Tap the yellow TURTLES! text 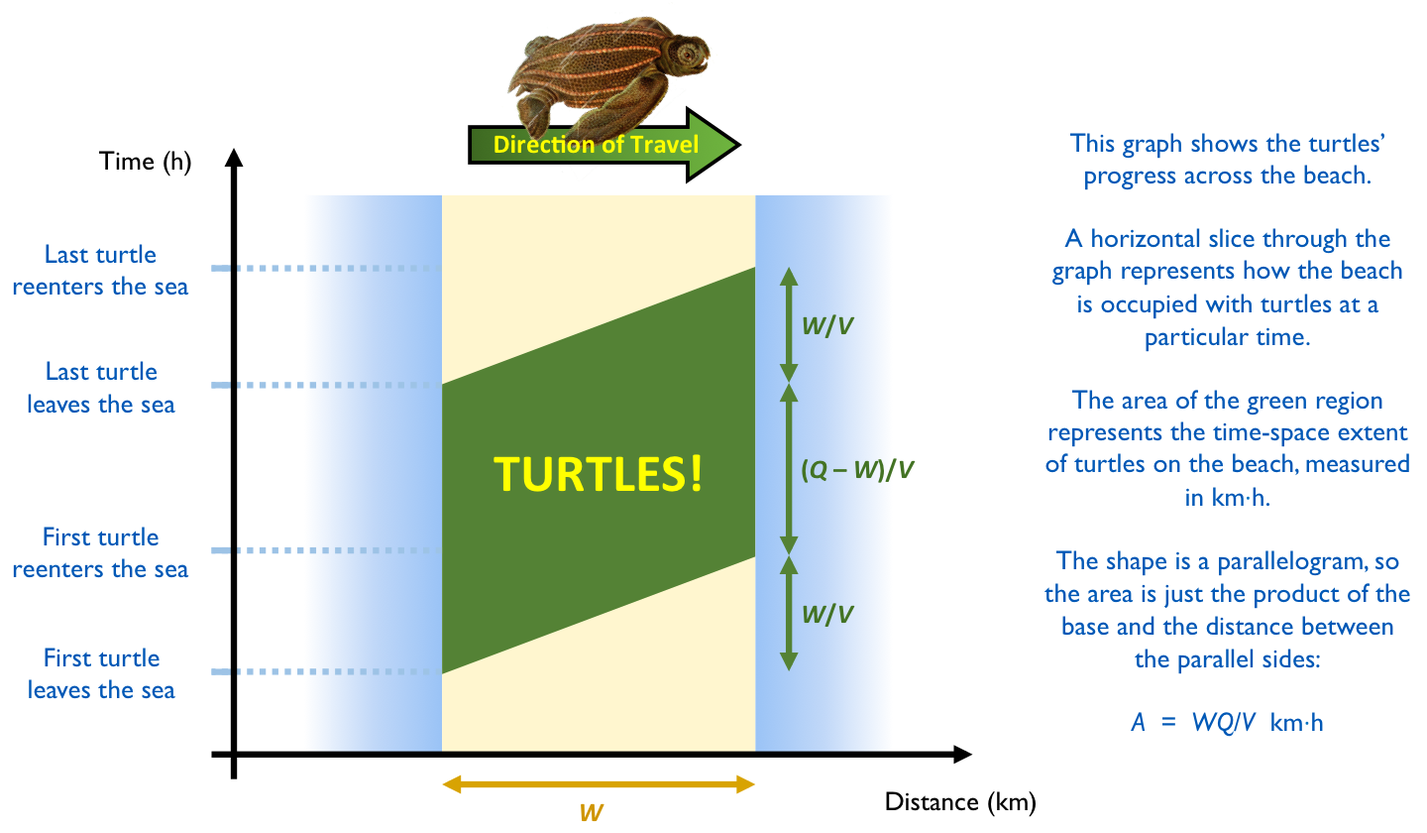(x=599, y=475)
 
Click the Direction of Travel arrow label (x=596, y=145)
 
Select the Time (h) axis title (x=146, y=162)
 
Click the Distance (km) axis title (x=960, y=802)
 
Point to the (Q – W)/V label (x=857, y=470)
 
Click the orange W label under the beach (x=592, y=812)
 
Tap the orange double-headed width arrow (x=599, y=784)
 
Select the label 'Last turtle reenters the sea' (x=101, y=271)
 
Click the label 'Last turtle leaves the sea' (x=101, y=388)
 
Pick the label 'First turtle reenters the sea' (x=101, y=552)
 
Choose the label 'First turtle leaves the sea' (x=101, y=673)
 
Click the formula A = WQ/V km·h (x=1227, y=722)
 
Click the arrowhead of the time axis (x=234, y=158)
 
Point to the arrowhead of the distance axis (x=962, y=755)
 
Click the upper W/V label (x=826, y=325)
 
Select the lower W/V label (x=826, y=615)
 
